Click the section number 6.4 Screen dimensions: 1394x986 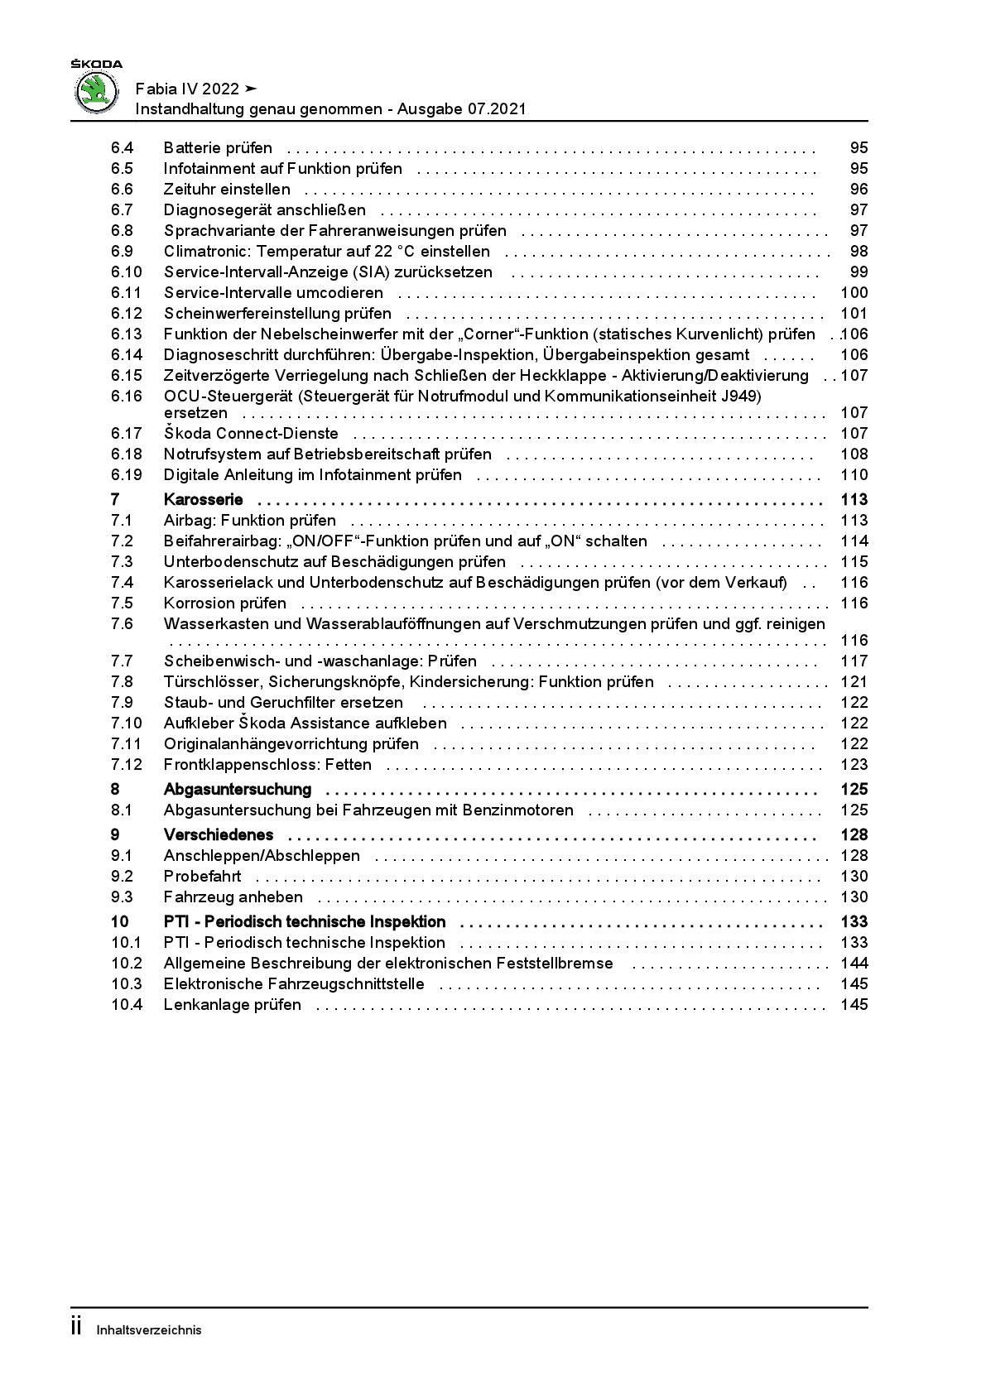point(123,148)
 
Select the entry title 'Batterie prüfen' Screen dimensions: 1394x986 point(218,148)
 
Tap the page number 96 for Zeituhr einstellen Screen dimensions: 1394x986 point(859,190)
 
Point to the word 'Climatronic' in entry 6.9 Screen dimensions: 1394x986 point(202,252)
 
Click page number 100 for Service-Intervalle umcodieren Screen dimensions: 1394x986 point(854,293)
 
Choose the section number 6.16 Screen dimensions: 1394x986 point(127,397)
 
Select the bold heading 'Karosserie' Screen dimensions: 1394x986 point(204,500)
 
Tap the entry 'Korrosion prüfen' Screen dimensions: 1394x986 point(225,603)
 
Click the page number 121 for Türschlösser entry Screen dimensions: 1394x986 point(854,682)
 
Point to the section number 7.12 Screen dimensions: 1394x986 point(127,765)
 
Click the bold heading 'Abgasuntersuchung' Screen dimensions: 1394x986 point(238,790)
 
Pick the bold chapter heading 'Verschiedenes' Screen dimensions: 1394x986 point(219,835)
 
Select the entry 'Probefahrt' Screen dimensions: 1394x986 point(203,877)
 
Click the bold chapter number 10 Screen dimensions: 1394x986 point(120,922)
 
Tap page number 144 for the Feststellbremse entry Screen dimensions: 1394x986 point(854,964)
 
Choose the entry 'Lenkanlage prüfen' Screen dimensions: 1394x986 point(233,1005)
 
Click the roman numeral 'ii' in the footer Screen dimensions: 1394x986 point(76,1327)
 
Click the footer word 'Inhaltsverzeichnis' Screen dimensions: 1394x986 point(149,1330)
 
